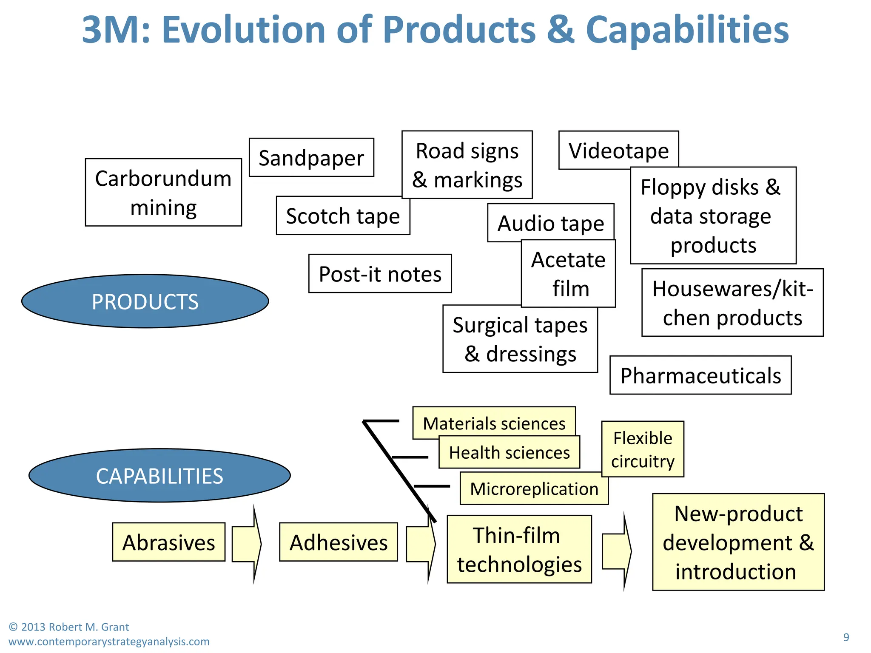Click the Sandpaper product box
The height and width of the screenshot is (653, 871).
[311, 158]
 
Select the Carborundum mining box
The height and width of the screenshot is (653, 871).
[163, 193]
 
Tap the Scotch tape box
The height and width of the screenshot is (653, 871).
[343, 216]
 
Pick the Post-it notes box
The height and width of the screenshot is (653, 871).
[380, 274]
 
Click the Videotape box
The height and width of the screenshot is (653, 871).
[618, 150]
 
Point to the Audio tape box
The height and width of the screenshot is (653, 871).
[550, 223]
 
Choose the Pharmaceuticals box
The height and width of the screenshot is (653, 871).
[700, 375]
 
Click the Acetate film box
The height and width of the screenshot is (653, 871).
[569, 274]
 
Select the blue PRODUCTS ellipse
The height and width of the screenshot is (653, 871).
[145, 301]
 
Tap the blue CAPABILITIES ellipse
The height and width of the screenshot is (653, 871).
[159, 476]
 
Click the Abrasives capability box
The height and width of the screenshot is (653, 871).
[169, 542]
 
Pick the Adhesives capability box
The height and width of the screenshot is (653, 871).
[339, 542]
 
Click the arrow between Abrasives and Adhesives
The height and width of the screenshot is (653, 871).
[247, 544]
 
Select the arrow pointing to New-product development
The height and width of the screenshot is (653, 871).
[617, 551]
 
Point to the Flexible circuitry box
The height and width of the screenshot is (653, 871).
[643, 449]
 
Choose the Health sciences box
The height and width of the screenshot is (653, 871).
[509, 452]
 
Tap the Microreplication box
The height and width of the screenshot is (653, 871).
[534, 488]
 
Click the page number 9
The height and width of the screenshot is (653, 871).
[846, 637]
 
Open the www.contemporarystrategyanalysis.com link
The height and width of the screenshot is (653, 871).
[109, 642]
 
